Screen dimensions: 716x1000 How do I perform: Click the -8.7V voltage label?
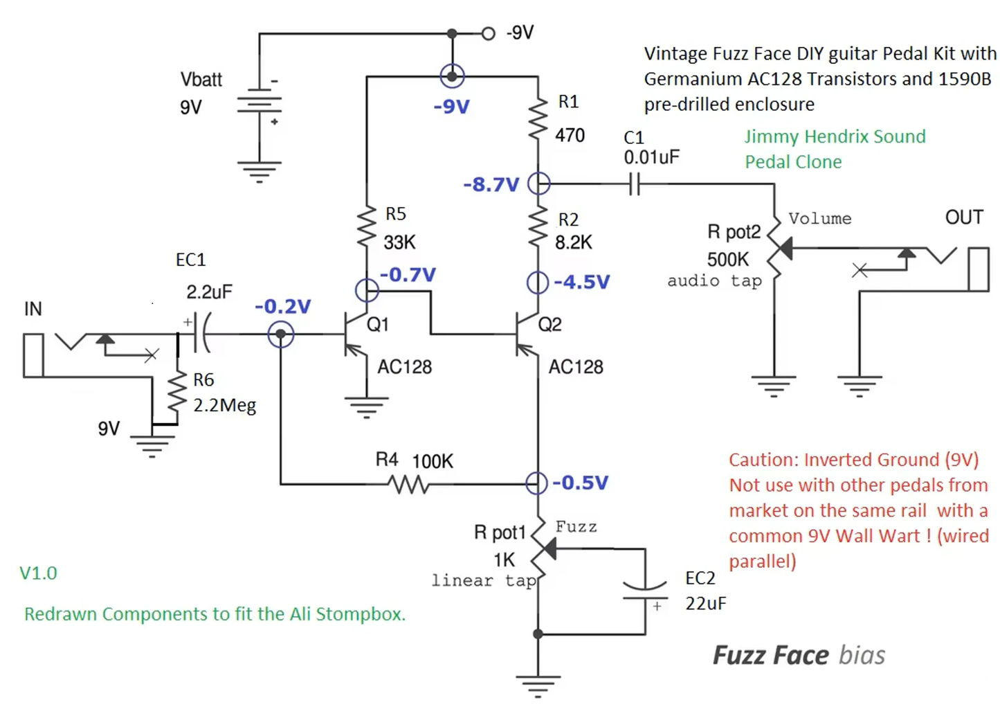pos(491,185)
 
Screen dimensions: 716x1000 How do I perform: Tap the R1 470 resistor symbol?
pos(538,118)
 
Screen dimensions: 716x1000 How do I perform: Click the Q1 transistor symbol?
pos(354,335)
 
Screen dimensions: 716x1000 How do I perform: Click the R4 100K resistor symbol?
pos(410,483)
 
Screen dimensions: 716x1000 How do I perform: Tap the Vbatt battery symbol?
pos(259,104)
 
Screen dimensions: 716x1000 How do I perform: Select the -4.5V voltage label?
pos(581,283)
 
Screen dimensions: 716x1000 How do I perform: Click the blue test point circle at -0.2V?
pos(280,335)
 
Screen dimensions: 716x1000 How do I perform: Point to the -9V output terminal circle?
pos(488,33)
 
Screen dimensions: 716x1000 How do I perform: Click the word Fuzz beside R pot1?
pos(576,527)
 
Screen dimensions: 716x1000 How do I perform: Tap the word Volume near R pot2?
pos(819,219)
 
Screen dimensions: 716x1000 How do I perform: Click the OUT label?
pos(963,217)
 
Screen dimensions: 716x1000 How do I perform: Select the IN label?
pos(33,309)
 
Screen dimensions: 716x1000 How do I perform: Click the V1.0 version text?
pos(38,573)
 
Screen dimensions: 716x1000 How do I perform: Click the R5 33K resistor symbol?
pos(366,229)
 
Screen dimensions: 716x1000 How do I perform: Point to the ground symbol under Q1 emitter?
pos(366,407)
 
